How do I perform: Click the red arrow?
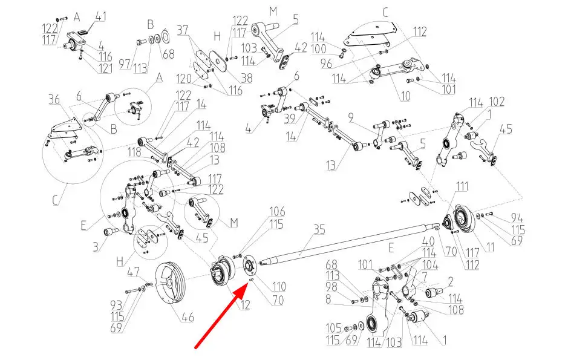click(221, 316)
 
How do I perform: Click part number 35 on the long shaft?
click(319, 230)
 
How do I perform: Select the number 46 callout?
click(188, 317)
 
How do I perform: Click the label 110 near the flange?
click(279, 286)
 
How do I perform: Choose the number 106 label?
click(277, 211)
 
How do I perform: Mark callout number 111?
click(462, 186)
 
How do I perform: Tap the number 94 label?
click(517, 218)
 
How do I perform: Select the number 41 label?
click(100, 17)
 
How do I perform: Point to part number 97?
click(125, 65)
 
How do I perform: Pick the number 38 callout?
click(247, 78)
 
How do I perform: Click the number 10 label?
click(405, 96)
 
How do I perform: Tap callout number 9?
click(351, 118)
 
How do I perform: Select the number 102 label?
click(497, 102)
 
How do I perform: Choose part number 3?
click(95, 247)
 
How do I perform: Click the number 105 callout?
click(334, 328)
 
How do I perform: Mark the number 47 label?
click(134, 272)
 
